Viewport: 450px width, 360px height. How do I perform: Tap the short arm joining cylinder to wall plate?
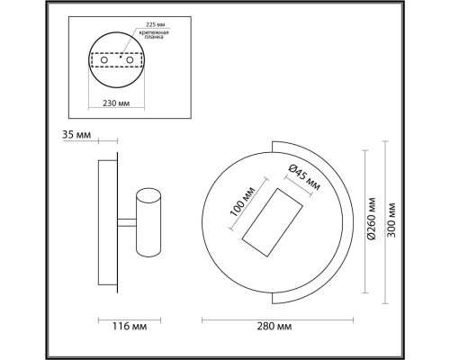pyautogui.click(x=121, y=222)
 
